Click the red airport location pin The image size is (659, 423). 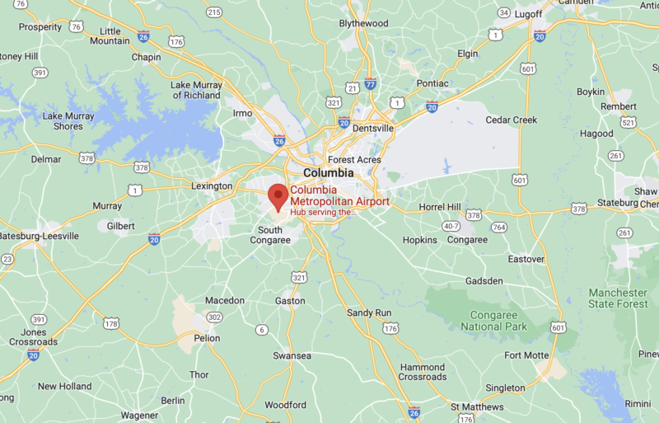tap(278, 197)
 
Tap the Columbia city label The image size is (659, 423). tap(328, 173)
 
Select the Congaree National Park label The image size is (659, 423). tap(493, 321)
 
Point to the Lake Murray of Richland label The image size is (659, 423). tap(196, 90)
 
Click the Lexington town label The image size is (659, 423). tap(212, 186)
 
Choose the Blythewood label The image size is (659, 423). tap(363, 23)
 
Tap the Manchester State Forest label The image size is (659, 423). tap(618, 298)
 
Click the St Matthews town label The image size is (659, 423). tap(477, 407)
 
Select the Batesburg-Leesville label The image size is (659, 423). tap(39, 236)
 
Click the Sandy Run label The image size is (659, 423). tap(369, 313)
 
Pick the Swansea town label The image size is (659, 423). tap(292, 355)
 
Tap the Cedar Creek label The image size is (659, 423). tap(511, 120)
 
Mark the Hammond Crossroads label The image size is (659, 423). tap(423, 372)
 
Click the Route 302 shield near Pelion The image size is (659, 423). tap(214, 317)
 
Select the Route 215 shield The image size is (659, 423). tap(214, 12)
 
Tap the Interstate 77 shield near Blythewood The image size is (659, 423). tap(371, 83)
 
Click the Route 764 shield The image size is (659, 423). tap(498, 227)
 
